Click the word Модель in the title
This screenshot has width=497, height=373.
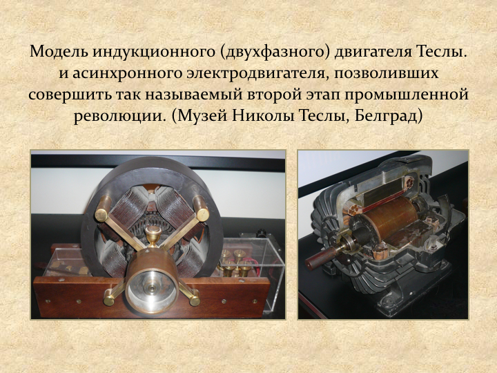(58, 51)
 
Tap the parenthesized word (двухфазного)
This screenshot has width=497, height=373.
(275, 52)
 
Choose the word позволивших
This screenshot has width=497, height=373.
(386, 73)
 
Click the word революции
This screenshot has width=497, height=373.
(120, 117)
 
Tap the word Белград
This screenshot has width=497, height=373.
(388, 116)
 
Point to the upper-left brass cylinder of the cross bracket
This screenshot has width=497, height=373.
(103, 209)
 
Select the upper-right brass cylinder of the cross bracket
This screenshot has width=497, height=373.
(201, 209)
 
